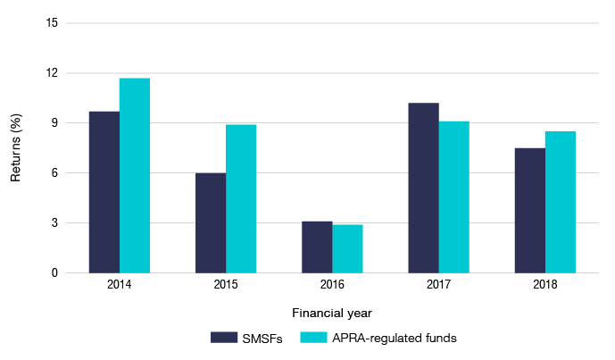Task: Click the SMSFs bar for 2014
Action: tap(104, 192)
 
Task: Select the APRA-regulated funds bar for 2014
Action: tap(135, 175)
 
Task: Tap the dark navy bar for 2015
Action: tap(211, 222)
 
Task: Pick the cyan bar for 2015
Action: tap(241, 198)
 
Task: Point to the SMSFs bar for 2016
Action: tap(317, 247)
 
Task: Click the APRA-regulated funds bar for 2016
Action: tap(347, 248)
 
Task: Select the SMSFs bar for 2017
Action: tap(423, 188)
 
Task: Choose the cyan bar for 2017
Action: tap(453, 197)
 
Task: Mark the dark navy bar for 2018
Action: tap(530, 210)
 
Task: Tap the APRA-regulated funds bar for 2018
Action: tap(561, 202)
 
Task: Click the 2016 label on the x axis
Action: tap(332, 285)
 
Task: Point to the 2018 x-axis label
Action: tap(545, 285)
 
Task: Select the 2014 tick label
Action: tap(120, 285)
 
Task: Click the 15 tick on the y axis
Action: tap(51, 23)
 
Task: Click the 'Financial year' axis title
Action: tap(331, 314)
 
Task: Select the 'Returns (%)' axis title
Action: tap(15, 148)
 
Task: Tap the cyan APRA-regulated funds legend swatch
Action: tap(313, 337)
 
